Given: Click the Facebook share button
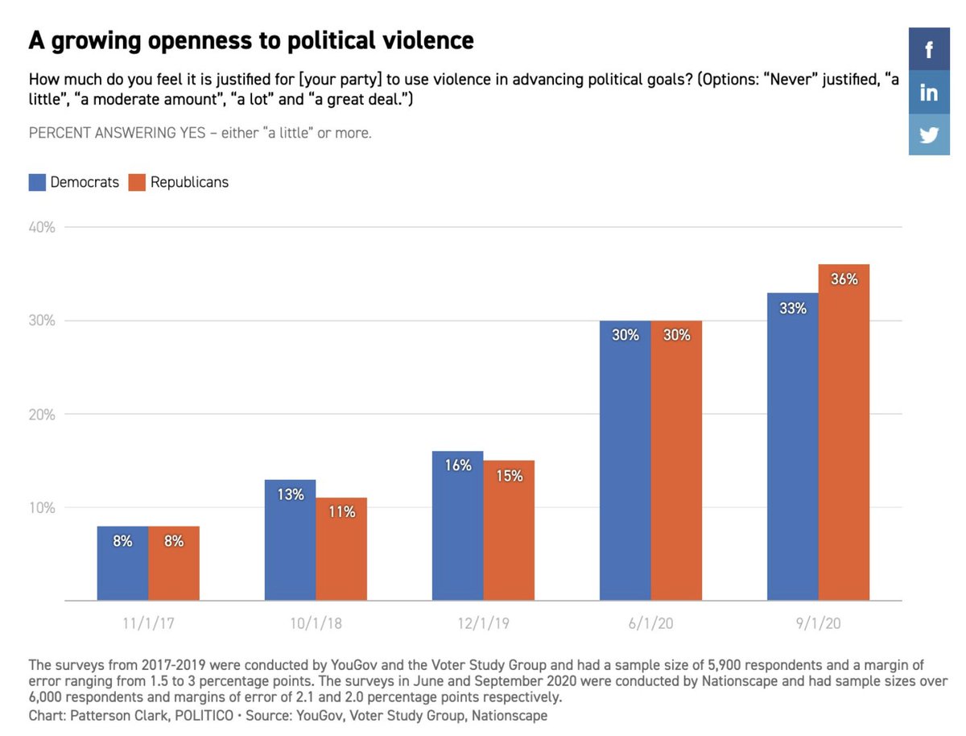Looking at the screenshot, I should (929, 50).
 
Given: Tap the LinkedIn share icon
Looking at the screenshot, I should (929, 93).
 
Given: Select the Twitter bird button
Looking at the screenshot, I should (929, 134).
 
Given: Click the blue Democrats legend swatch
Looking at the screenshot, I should (37, 182).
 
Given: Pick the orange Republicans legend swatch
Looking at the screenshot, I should (137, 182).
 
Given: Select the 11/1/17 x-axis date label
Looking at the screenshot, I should (148, 623).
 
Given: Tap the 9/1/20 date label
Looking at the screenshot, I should (818, 623).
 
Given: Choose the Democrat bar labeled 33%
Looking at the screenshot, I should (792, 447).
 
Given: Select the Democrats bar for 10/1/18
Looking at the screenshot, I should (290, 540).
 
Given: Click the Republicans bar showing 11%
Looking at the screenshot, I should (341, 549).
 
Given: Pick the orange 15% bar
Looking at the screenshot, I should (509, 531).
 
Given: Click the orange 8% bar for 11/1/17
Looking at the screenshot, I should (174, 564).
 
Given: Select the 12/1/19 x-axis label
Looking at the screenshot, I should (483, 623).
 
